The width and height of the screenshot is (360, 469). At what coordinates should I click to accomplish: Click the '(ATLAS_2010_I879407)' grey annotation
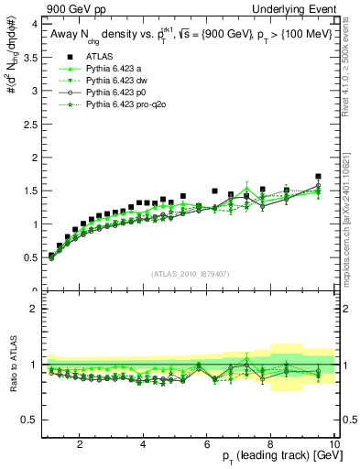click(x=189, y=275)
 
